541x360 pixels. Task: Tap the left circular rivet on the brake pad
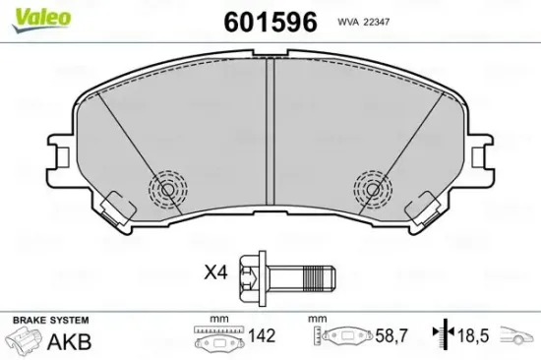(x=166, y=186)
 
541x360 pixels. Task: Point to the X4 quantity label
(x=215, y=270)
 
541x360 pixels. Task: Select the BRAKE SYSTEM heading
(x=49, y=321)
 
